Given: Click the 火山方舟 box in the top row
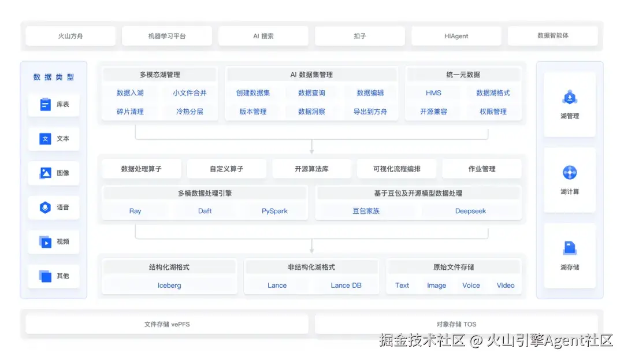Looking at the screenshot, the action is click(x=70, y=36).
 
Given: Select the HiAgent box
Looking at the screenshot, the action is click(x=456, y=36).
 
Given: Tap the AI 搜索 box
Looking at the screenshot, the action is click(x=263, y=36).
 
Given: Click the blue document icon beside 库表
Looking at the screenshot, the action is click(x=46, y=105).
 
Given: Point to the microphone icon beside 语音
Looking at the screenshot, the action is click(x=46, y=207).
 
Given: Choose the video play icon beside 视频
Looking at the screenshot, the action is click(x=46, y=242).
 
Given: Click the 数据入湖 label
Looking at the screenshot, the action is click(x=130, y=93).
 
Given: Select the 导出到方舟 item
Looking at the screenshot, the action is click(x=370, y=112).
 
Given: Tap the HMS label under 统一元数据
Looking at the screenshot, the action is click(x=433, y=93).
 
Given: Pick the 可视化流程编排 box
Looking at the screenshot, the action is click(x=397, y=169).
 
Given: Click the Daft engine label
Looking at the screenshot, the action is click(x=205, y=211).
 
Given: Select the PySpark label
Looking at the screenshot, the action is click(x=274, y=211).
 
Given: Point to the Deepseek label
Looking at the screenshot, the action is click(x=470, y=211).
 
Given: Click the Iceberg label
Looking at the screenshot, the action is click(x=169, y=285).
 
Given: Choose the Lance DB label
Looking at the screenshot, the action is click(x=346, y=285).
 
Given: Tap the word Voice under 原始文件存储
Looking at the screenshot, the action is click(x=471, y=285).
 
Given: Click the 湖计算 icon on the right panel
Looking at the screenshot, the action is click(x=570, y=173).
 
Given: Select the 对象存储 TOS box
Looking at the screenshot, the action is click(x=456, y=324).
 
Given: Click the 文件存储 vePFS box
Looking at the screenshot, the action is click(x=167, y=324).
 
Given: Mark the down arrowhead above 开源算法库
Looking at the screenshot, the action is click(x=312, y=151).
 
